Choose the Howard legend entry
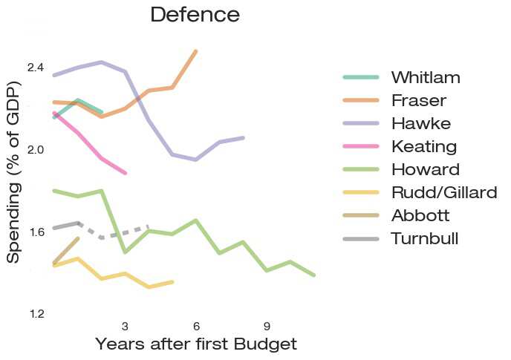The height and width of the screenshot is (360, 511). click(x=425, y=168)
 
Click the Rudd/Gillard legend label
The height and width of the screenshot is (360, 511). click(x=443, y=192)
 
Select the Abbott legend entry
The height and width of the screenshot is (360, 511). click(x=421, y=215)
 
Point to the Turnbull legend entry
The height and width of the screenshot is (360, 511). click(x=425, y=238)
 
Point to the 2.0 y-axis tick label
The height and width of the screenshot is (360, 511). click(x=35, y=150)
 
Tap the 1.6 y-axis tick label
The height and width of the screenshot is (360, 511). click(x=35, y=232)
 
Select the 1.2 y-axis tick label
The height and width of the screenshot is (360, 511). click(x=35, y=314)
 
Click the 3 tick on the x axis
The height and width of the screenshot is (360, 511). click(x=125, y=327)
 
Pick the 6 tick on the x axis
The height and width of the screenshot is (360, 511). click(x=196, y=327)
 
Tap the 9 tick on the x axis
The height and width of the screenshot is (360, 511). click(x=267, y=327)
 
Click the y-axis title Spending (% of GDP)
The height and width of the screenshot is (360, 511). click(x=14, y=170)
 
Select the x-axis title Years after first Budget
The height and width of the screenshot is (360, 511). click(x=196, y=344)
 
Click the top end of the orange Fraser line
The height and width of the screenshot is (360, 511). click(x=195, y=51)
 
